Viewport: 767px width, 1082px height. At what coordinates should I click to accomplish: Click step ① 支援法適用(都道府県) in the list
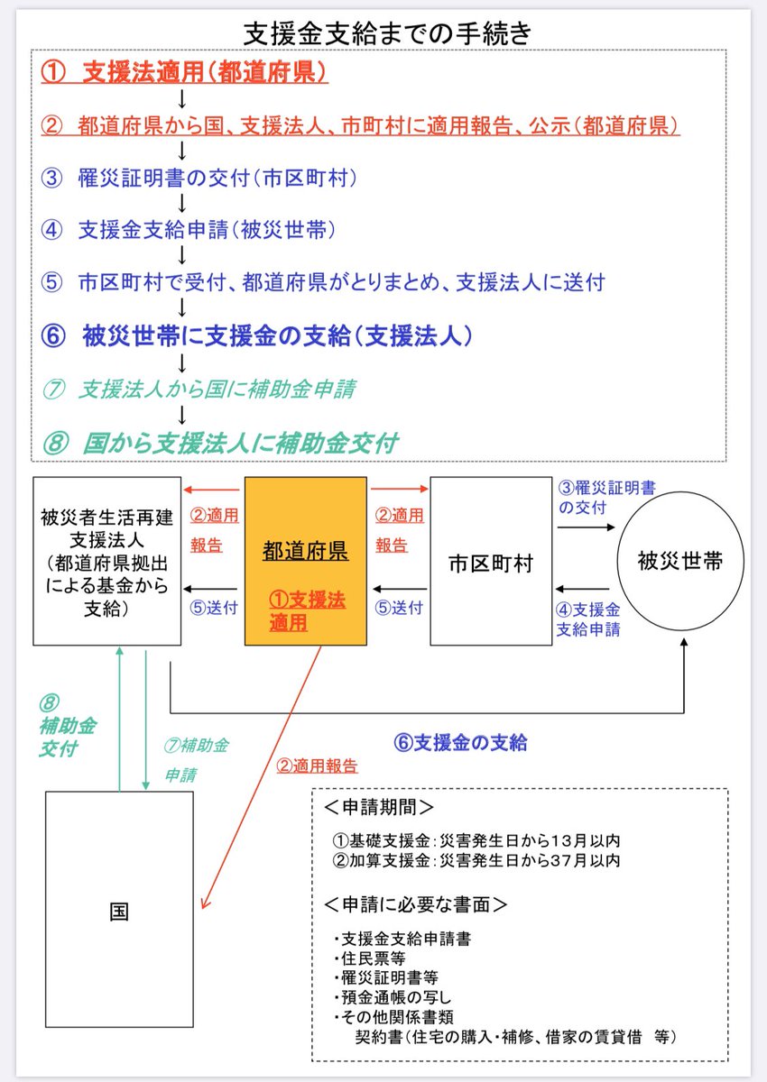point(184,73)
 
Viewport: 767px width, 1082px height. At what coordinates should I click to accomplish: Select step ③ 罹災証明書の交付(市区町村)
point(199,178)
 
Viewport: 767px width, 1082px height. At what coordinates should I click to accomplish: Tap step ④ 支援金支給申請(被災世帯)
point(189,231)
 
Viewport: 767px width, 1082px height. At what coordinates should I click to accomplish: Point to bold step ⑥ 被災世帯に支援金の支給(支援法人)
point(257,335)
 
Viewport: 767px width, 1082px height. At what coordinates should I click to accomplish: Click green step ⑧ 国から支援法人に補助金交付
point(220,443)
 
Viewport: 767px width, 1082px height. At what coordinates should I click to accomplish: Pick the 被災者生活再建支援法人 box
point(107,562)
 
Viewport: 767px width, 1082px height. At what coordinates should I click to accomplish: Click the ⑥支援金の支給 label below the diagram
point(461,743)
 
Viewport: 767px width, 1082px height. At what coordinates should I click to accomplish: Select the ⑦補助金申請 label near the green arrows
point(196,759)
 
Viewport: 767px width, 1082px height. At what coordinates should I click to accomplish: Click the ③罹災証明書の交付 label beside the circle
point(606,498)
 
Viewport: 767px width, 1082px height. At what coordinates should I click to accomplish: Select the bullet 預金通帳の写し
point(393,997)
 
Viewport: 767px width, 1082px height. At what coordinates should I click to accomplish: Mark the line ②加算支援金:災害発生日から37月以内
point(476,861)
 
